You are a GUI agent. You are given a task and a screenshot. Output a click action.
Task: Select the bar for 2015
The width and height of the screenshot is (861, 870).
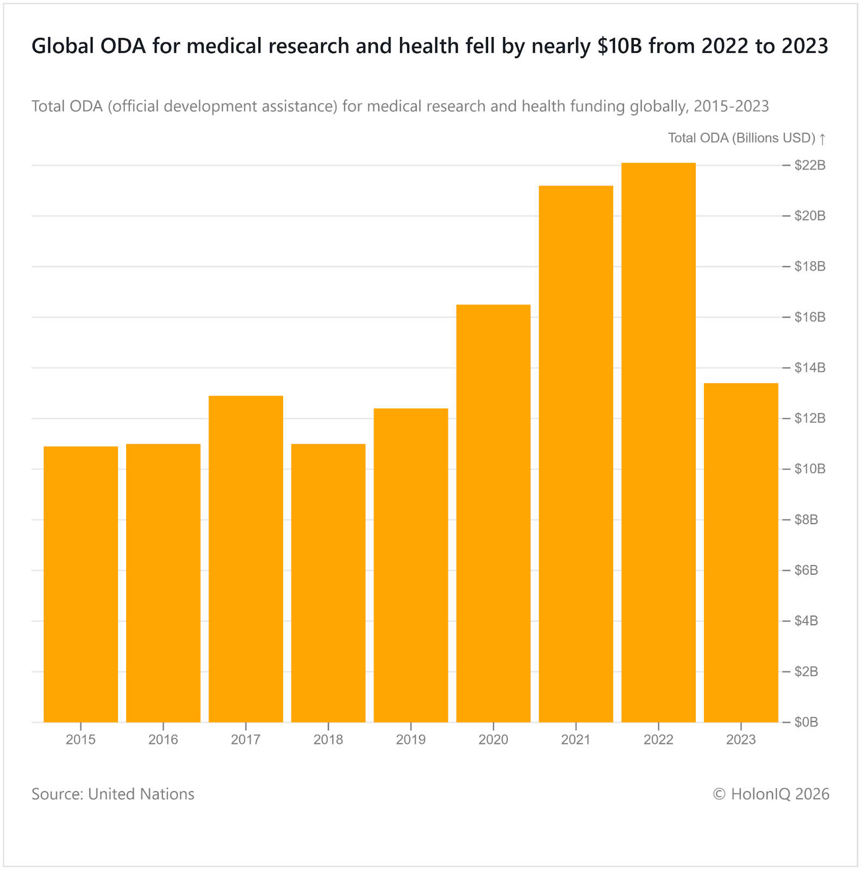[x=80, y=584]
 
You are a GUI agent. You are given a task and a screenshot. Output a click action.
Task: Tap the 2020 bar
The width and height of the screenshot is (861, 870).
[x=493, y=513]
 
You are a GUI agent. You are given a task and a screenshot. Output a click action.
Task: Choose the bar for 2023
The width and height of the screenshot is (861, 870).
[x=741, y=552]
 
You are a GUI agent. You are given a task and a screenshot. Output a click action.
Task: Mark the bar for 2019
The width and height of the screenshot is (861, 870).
[x=411, y=565]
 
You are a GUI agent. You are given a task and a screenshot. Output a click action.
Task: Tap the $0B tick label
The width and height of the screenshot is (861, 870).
[x=806, y=722]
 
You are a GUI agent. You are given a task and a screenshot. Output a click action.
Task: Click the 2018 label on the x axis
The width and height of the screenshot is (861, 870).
[x=328, y=739]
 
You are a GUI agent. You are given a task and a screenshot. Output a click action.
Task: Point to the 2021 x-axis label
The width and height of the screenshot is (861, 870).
[x=576, y=739]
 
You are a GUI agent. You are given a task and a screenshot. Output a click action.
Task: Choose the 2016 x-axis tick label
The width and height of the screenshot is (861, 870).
[x=163, y=739]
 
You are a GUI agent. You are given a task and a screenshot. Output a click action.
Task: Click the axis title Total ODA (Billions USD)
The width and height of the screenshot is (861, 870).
[x=741, y=138]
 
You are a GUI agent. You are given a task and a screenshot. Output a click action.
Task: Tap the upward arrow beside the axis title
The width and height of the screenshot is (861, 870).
[x=822, y=139]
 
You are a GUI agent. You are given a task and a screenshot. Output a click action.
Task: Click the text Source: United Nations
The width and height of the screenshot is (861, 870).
[x=113, y=794]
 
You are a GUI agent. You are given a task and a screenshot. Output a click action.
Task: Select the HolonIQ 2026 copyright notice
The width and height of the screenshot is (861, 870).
[x=771, y=794]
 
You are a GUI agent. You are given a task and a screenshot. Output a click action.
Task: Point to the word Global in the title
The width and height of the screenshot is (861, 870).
[x=61, y=46]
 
